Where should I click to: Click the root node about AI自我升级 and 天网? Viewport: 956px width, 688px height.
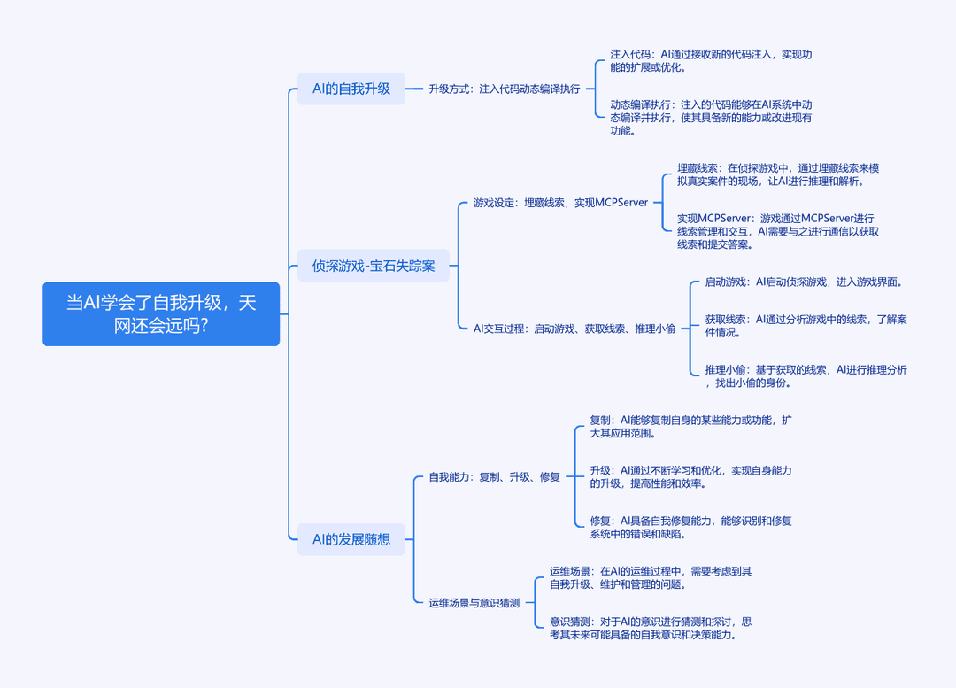coord(161,313)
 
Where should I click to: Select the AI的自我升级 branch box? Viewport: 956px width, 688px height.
coord(351,89)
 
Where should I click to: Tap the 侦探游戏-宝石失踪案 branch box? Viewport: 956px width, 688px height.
coord(374,266)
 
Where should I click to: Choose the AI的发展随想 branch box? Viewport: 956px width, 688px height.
coord(351,539)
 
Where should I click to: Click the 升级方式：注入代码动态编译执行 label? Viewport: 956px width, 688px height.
coord(505,89)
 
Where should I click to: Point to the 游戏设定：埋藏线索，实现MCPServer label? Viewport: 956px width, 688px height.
coord(560,203)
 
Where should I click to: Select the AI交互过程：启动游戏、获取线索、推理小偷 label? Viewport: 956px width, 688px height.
coord(574,329)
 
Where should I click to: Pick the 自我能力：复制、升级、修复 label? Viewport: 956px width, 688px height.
coord(495,477)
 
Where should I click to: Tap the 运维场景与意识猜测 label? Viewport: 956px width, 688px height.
coord(474,603)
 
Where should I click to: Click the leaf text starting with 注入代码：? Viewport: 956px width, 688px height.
coord(711,61)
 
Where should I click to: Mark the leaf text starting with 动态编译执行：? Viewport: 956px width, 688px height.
coord(711,118)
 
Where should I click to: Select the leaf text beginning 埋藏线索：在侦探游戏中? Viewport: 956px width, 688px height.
coord(778,174)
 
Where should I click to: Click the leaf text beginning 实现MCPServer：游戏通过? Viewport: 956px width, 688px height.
coord(778,231)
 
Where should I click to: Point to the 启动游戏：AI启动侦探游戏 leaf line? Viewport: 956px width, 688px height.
coord(804,282)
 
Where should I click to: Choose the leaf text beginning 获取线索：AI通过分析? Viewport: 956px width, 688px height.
coord(806,326)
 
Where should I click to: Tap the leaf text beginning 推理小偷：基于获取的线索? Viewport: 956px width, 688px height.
coord(806,376)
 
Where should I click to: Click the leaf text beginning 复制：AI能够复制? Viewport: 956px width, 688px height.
coord(690,426)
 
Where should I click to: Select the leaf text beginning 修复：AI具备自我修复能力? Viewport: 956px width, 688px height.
coord(690,528)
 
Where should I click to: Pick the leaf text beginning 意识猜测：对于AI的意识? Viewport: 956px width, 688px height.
coord(651,628)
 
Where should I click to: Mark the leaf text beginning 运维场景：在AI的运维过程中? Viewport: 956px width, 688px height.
coord(651,577)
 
